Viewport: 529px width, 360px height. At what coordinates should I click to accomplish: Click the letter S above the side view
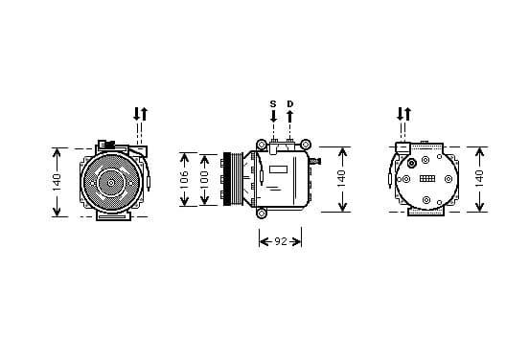pos(273,104)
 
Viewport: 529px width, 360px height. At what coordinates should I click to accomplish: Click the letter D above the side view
pos(290,104)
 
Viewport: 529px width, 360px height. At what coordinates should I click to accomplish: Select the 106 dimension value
pos(184,179)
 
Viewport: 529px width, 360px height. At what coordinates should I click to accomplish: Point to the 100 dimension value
pos(204,179)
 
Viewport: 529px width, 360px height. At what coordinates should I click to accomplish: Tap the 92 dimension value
pos(281,241)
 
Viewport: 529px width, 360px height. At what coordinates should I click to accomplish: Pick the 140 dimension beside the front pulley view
pos(57,182)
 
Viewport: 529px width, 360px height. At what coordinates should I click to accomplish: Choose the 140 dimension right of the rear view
pos(479,179)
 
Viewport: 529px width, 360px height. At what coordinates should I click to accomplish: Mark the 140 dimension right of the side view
pos(342,179)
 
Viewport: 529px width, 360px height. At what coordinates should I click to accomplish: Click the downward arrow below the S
pos(274,116)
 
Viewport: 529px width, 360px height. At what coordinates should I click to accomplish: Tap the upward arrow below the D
pos(289,116)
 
